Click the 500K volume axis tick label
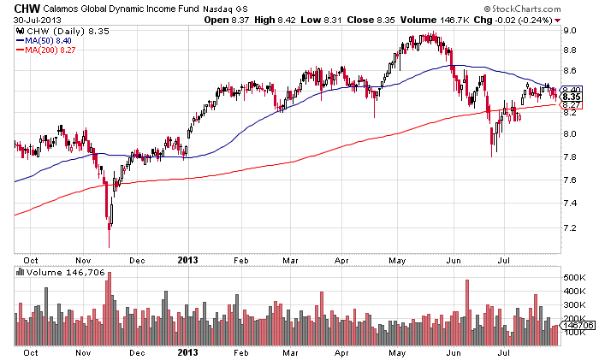pyautogui.click(x=573, y=278)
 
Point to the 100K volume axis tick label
pyautogui.click(x=573, y=331)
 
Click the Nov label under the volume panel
pyautogui.click(x=83, y=351)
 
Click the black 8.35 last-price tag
pyautogui.click(x=572, y=97)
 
